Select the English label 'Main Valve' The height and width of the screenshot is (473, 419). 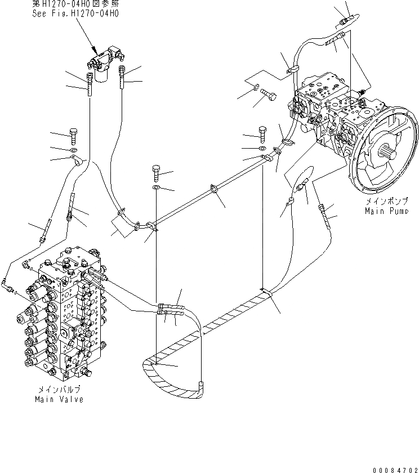[59, 399]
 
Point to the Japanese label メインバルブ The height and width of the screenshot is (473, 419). [59, 389]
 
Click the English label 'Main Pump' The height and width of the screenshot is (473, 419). [386, 211]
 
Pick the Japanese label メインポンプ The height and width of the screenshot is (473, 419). [386, 201]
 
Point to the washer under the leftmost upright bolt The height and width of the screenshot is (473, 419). [74, 150]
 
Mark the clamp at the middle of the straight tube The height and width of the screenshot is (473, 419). [214, 190]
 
